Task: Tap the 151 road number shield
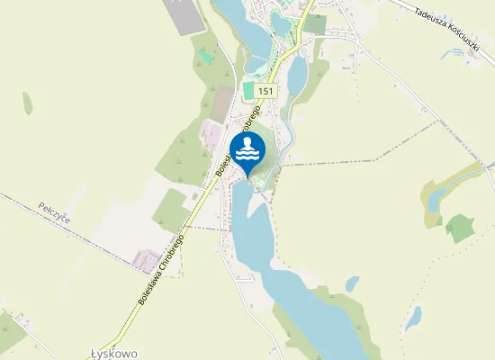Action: click(x=265, y=92)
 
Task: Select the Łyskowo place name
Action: click(x=115, y=354)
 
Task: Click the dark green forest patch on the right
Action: click(x=461, y=229)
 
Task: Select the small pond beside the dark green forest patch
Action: click(x=435, y=198)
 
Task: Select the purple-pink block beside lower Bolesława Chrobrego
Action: click(x=147, y=262)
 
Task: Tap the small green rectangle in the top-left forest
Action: click(x=206, y=57)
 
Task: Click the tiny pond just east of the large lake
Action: click(x=352, y=284)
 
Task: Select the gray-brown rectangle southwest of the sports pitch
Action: click(x=220, y=104)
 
